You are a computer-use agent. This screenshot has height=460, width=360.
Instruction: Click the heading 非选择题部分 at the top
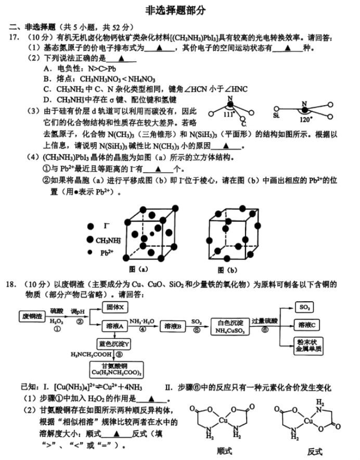[x=175, y=10]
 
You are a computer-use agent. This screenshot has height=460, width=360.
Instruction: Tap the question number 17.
[x=14, y=37]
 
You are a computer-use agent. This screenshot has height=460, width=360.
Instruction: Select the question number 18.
[x=10, y=284]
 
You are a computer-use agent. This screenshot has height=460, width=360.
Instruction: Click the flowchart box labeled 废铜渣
[x=32, y=316]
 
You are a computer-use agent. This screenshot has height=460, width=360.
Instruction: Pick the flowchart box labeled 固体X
[x=115, y=307]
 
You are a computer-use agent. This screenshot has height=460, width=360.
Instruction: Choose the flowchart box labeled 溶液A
[x=115, y=326]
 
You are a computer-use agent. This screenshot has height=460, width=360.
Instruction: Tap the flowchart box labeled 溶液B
[x=173, y=326]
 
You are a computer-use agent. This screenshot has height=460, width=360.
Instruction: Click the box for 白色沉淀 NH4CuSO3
[x=230, y=326]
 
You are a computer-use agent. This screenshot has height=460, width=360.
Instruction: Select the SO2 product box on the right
[x=304, y=307]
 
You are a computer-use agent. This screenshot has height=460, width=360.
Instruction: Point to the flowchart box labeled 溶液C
[x=306, y=325]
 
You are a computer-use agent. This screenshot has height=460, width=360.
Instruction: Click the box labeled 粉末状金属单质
[x=308, y=346]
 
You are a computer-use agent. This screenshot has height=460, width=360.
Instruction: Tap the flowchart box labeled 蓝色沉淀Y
[x=114, y=344]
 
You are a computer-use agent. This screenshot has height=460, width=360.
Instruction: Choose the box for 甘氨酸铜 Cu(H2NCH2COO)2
[x=117, y=369]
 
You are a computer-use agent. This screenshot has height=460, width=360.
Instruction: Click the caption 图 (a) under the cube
[x=138, y=269]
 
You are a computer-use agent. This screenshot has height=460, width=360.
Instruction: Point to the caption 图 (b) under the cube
[x=227, y=270]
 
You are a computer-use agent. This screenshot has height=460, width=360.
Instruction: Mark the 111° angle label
[x=229, y=114]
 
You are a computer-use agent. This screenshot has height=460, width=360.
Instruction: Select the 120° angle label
[x=306, y=120]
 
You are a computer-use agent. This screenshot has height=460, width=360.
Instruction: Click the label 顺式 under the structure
[x=224, y=451]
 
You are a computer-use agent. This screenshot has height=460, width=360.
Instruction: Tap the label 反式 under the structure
[x=315, y=452]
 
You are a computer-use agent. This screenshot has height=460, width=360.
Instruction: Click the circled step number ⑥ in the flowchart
[x=265, y=330]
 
